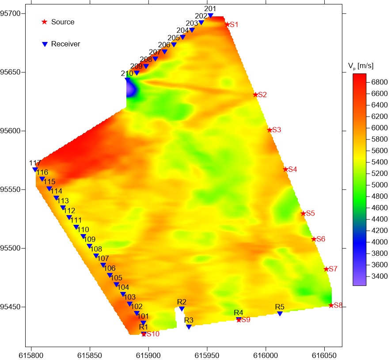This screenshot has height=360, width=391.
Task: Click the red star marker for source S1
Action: point(227,25)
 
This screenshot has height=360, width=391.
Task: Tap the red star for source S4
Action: point(285,169)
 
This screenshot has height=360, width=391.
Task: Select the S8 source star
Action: point(331,305)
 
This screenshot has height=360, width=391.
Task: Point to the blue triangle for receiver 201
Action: point(210,15)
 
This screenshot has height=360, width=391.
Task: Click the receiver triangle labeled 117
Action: point(35,170)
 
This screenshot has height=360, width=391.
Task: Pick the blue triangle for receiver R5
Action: point(280,314)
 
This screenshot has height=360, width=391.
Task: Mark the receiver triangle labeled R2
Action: point(182,309)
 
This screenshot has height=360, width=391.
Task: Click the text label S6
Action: point(321,239)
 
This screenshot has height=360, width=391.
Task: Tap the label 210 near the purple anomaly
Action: point(127,74)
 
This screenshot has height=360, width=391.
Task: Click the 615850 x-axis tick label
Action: point(90,354)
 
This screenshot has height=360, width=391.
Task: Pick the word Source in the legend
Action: point(63,22)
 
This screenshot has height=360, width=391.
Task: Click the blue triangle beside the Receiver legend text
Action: point(44,44)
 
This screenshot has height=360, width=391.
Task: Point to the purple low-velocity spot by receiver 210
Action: point(131,90)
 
